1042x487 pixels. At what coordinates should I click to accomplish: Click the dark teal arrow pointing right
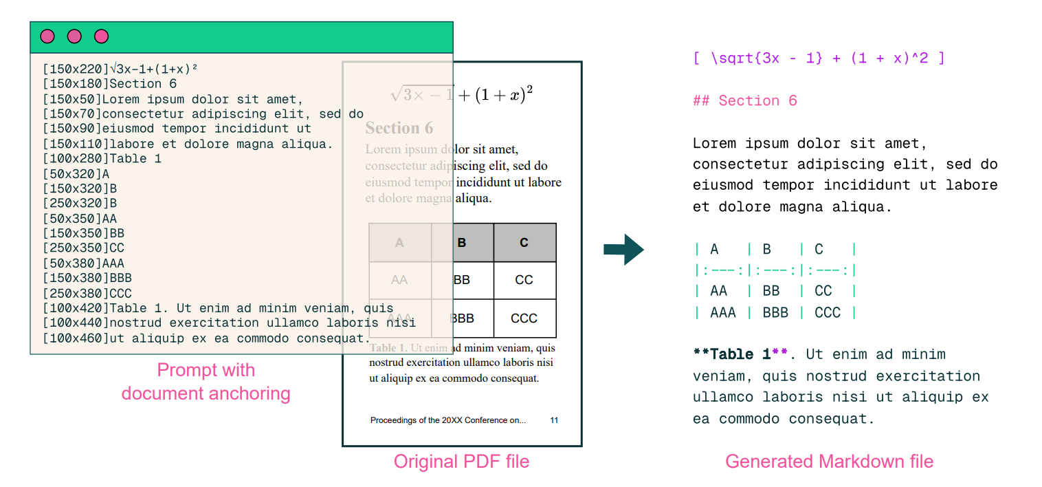pyautogui.click(x=623, y=249)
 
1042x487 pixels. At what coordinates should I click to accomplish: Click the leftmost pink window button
pyautogui.click(x=47, y=36)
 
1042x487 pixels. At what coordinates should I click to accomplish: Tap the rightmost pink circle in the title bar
pyautogui.click(x=102, y=36)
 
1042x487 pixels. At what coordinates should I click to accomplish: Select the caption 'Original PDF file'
pyautogui.click(x=461, y=462)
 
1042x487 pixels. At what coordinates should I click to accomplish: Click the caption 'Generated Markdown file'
pyautogui.click(x=829, y=462)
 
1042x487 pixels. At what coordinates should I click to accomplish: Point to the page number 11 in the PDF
pyautogui.click(x=554, y=420)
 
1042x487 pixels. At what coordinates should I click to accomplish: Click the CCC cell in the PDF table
pyautogui.click(x=524, y=318)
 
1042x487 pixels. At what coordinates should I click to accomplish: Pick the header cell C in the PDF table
pyautogui.click(x=524, y=242)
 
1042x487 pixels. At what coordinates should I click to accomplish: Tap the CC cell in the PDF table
pyautogui.click(x=524, y=280)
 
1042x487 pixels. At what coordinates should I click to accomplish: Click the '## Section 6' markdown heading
pyautogui.click(x=744, y=101)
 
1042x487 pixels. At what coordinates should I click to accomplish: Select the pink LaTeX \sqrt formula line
pyautogui.click(x=818, y=58)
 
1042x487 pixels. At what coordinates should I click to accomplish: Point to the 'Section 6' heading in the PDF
pyautogui.click(x=399, y=129)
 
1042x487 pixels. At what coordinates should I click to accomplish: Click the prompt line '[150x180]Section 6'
pyautogui.click(x=109, y=84)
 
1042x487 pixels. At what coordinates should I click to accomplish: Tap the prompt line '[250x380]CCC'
pyautogui.click(x=87, y=294)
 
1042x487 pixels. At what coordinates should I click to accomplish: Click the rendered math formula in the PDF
pyautogui.click(x=462, y=94)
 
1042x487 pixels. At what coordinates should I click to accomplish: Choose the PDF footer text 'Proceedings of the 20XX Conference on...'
pyautogui.click(x=447, y=420)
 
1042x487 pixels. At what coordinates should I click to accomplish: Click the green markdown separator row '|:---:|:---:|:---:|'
pyautogui.click(x=775, y=270)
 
